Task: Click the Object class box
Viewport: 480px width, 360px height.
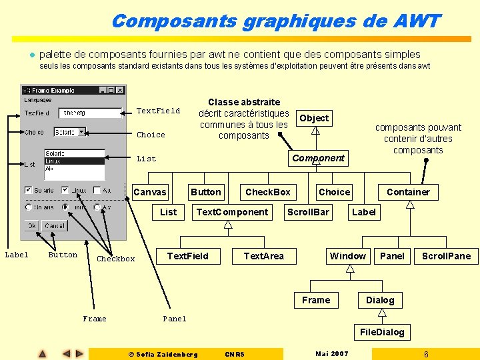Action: tap(314, 118)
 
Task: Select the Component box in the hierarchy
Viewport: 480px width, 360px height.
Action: tap(318, 158)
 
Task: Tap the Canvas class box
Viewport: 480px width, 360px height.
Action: tap(150, 192)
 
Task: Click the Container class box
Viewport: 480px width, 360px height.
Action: tap(408, 192)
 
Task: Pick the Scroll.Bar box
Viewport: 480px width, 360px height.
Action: tap(307, 212)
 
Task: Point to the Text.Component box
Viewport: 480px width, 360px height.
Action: tap(232, 212)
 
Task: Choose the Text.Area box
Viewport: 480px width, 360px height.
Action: tap(263, 256)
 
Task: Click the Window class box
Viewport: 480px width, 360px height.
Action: tap(347, 256)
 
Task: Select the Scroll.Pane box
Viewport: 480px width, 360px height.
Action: tap(446, 256)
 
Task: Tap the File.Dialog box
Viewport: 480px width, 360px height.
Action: tap(382, 332)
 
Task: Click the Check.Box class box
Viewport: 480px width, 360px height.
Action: tap(268, 192)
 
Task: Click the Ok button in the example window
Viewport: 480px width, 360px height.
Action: tap(32, 226)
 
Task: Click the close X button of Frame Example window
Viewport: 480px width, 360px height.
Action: tap(120, 90)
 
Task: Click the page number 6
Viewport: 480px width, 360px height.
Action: tap(426, 354)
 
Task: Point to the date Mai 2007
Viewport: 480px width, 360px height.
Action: tap(331, 354)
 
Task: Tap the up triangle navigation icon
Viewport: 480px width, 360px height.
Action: tap(42, 354)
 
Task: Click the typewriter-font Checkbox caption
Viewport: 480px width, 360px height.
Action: tap(116, 259)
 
